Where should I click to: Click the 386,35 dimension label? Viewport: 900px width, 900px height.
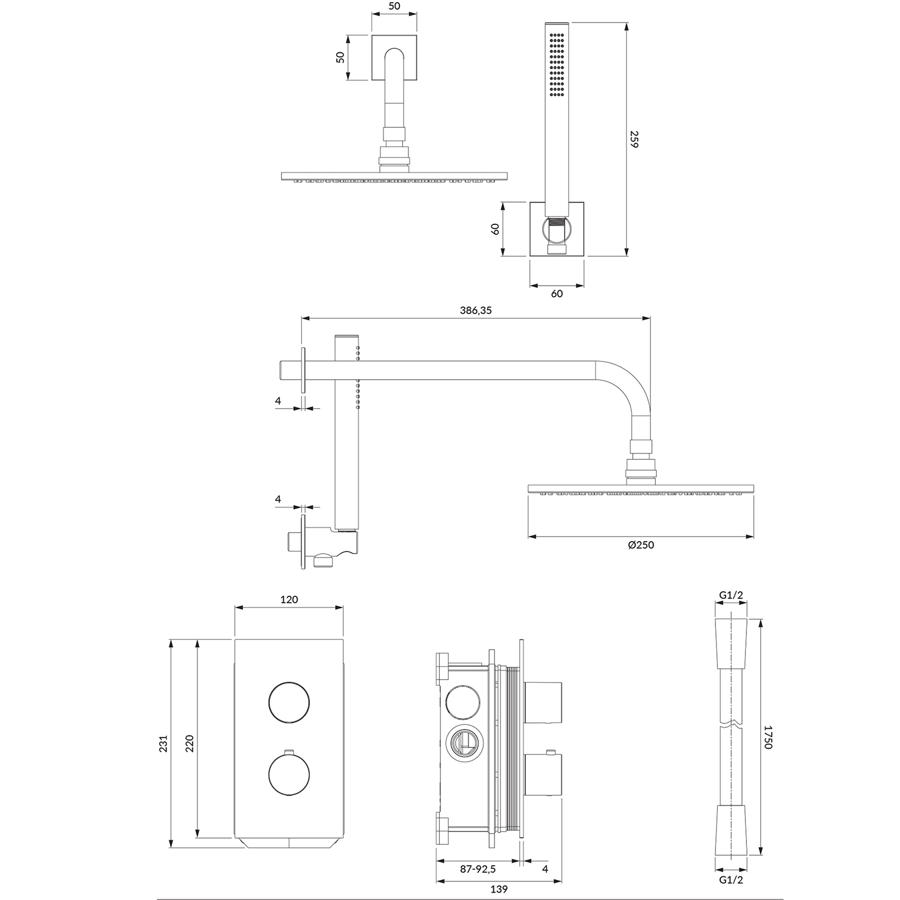[475, 310]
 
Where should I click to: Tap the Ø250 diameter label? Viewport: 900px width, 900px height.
[641, 544]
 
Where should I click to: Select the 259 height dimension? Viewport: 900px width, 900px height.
[634, 139]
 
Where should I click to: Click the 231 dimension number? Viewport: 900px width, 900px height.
[164, 744]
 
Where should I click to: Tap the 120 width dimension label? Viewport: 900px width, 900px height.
[289, 600]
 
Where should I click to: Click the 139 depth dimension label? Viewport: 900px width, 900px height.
[499, 889]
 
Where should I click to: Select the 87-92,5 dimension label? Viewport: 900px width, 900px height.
[478, 869]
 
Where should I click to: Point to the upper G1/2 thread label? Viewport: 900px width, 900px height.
[731, 596]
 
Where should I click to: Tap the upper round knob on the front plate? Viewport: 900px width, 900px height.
[289, 702]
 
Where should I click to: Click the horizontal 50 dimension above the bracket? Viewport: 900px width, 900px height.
[394, 6]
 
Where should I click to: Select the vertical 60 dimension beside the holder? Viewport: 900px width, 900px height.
[495, 229]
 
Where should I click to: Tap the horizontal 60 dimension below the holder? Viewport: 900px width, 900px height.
[557, 294]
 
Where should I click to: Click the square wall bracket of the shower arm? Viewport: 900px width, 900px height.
[394, 57]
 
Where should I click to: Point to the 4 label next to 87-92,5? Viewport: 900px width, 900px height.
[545, 869]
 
